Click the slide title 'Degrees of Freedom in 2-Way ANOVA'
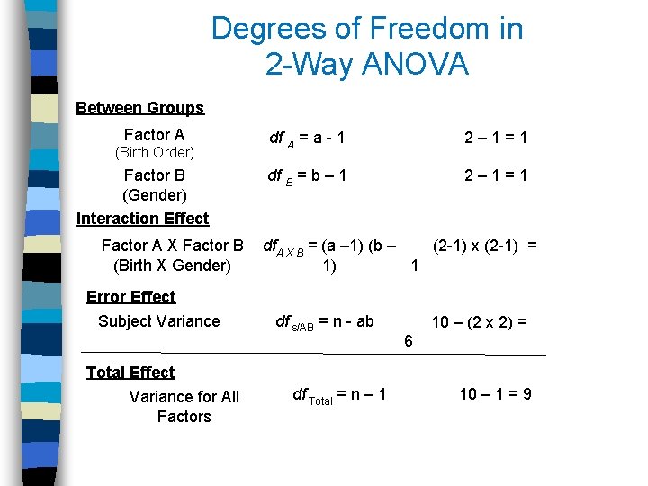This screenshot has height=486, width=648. pos(366,46)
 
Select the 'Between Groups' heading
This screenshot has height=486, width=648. pos(139,108)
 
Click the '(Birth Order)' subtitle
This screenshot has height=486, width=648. pos(155,153)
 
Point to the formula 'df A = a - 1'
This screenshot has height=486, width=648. pos(307,139)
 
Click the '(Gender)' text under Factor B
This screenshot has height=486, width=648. pos(154,195)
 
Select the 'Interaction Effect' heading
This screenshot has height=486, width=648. pos(142,219)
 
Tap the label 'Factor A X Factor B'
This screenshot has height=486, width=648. pos(172,246)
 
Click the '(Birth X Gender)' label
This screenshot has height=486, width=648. pos(172,265)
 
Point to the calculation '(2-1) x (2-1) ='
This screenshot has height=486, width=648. pos(485,245)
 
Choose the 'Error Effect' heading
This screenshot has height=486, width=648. pos(130,297)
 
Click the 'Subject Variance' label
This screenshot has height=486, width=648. pos(158,321)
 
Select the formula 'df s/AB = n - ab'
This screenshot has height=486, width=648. pos(324,321)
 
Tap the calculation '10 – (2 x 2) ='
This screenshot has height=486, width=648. pos(479,321)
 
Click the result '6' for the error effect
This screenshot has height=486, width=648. pos(409,341)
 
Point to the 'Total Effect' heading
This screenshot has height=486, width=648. pos(130,373)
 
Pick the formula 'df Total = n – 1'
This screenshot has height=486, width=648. pos(340,394)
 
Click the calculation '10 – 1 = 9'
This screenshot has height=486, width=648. pos(495,394)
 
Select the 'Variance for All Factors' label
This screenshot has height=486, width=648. pos(184,407)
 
